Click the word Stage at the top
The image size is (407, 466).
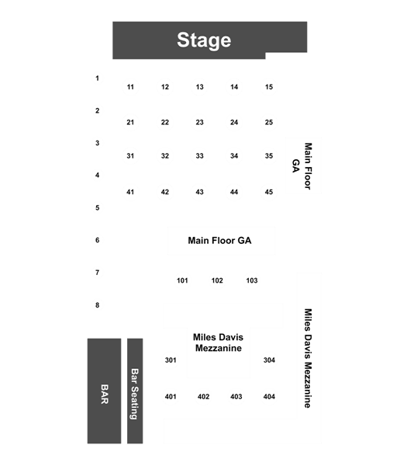204,40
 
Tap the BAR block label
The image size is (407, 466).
105,394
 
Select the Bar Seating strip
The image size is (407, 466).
135,391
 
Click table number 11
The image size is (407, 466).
130,87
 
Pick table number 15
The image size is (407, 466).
269,87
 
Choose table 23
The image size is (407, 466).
200,123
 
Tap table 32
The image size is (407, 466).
165,156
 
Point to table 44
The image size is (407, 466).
234,192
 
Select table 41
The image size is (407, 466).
130,192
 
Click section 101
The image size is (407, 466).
182,280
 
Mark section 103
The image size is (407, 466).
252,280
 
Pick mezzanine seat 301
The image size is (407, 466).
171,360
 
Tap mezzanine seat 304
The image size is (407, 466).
269,360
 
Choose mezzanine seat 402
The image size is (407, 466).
203,397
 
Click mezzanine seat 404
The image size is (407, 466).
269,397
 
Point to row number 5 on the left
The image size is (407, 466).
98,207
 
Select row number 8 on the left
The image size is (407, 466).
98,305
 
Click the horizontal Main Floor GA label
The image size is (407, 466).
219,241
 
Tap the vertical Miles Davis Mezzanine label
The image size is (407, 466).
309,358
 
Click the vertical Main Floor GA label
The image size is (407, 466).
302,166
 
